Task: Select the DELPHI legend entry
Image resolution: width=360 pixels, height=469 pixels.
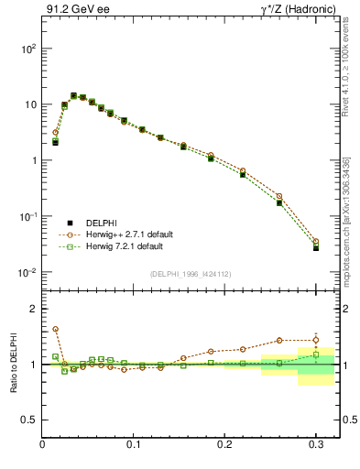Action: pyautogui.click(x=89, y=223)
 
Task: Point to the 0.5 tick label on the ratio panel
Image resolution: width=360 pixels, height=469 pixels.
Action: pyautogui.click(x=28, y=420)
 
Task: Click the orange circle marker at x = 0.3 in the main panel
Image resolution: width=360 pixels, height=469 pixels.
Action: pyautogui.click(x=316, y=242)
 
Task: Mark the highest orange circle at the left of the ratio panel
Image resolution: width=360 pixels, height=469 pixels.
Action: pyautogui.click(x=55, y=329)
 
